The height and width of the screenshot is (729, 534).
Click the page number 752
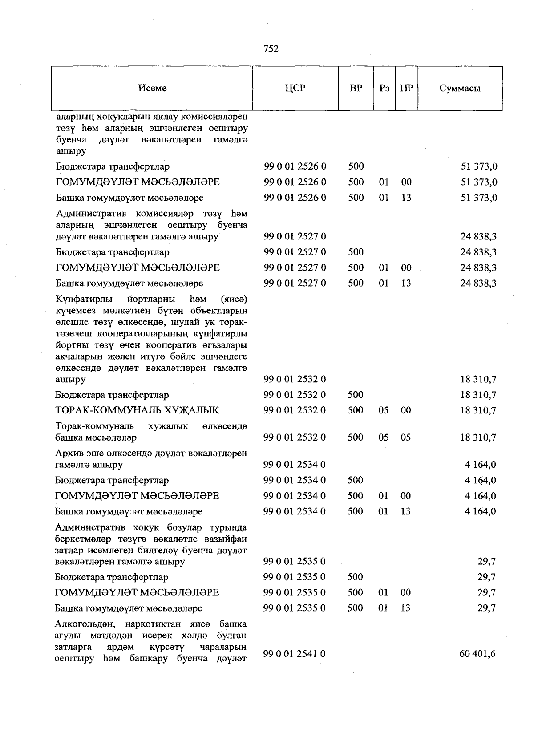[271, 49]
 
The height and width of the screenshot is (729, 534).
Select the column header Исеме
[152, 88]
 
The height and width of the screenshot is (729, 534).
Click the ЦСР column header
[295, 88]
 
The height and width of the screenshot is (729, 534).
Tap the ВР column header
[356, 88]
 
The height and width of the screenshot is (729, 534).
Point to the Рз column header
[384, 88]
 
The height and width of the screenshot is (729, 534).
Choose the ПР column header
[406, 88]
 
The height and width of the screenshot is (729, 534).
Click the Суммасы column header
[460, 88]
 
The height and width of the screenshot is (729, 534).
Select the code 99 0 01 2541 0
[294, 654]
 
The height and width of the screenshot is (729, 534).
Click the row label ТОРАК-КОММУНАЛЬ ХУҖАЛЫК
[137, 410]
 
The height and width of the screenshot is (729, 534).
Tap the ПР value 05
[405, 437]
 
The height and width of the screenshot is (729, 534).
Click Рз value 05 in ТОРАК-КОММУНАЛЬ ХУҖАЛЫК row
[384, 410]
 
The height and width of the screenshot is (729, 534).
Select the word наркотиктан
[156, 624]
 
